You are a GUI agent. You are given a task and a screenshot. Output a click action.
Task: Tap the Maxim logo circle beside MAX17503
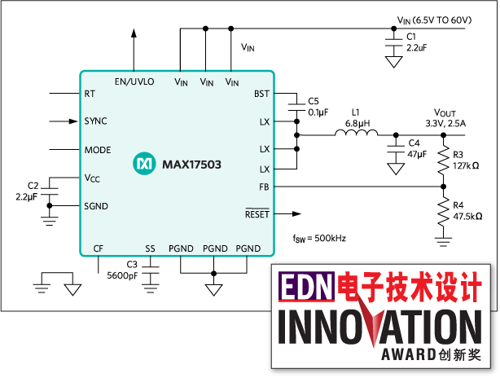click(144, 164)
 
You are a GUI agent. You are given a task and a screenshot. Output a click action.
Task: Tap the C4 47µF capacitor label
click(417, 148)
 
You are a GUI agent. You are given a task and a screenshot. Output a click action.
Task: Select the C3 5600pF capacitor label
click(121, 270)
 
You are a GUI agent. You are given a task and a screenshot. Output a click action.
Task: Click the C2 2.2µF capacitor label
click(26, 191)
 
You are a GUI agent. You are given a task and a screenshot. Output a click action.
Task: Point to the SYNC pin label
click(95, 121)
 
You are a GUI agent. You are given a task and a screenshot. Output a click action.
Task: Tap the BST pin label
click(261, 94)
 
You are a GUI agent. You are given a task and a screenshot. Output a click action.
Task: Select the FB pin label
click(263, 187)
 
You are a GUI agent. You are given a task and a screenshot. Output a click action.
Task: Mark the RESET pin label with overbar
click(257, 213)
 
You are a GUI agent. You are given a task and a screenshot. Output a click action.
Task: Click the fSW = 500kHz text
click(320, 238)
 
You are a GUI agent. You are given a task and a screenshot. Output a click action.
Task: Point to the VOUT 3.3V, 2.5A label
click(446, 117)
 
